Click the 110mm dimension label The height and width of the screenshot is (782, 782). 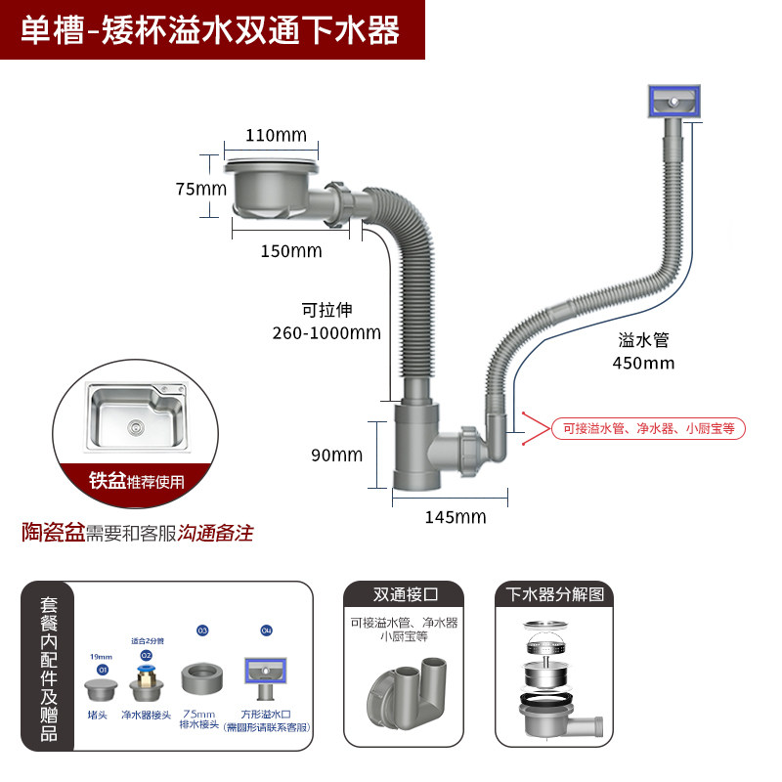pyautogui.click(x=275, y=135)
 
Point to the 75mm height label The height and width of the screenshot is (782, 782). pyautogui.click(x=200, y=189)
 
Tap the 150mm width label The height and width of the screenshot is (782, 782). pyautogui.click(x=290, y=251)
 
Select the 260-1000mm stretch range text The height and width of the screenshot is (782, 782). pyautogui.click(x=326, y=332)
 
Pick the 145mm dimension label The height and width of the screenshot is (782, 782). pyautogui.click(x=456, y=517)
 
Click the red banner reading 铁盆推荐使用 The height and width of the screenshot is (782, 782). pyautogui.click(x=137, y=481)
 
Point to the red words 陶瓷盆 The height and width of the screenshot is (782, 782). pyautogui.click(x=54, y=533)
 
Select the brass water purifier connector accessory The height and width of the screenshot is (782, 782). pyautogui.click(x=147, y=676)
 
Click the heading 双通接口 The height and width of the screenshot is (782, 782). pyautogui.click(x=405, y=595)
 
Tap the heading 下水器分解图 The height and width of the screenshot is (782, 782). pyautogui.click(x=554, y=594)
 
